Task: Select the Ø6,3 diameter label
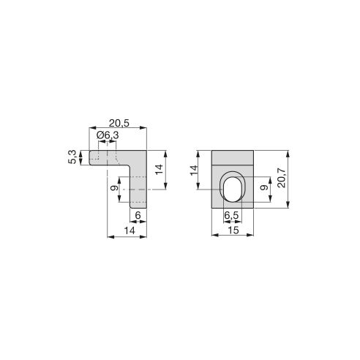(x=107, y=135)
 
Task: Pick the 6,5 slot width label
(x=231, y=216)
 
